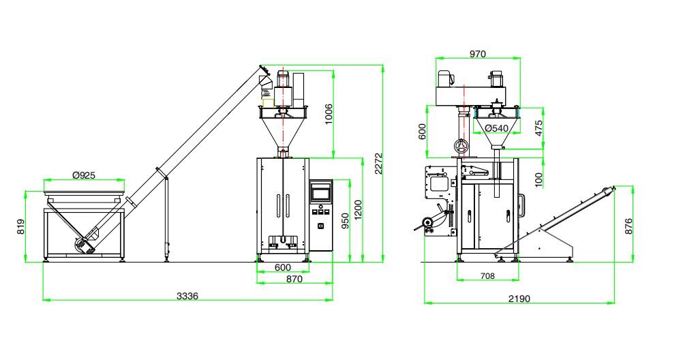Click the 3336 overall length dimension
(187, 296)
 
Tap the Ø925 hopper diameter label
(84, 175)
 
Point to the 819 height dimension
(21, 226)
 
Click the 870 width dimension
(294, 280)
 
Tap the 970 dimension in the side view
(477, 55)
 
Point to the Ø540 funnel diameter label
(496, 127)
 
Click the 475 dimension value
(539, 127)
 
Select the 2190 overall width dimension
(519, 299)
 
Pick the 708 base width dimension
(487, 276)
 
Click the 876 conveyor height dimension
(628, 226)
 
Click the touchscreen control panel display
(320, 192)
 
